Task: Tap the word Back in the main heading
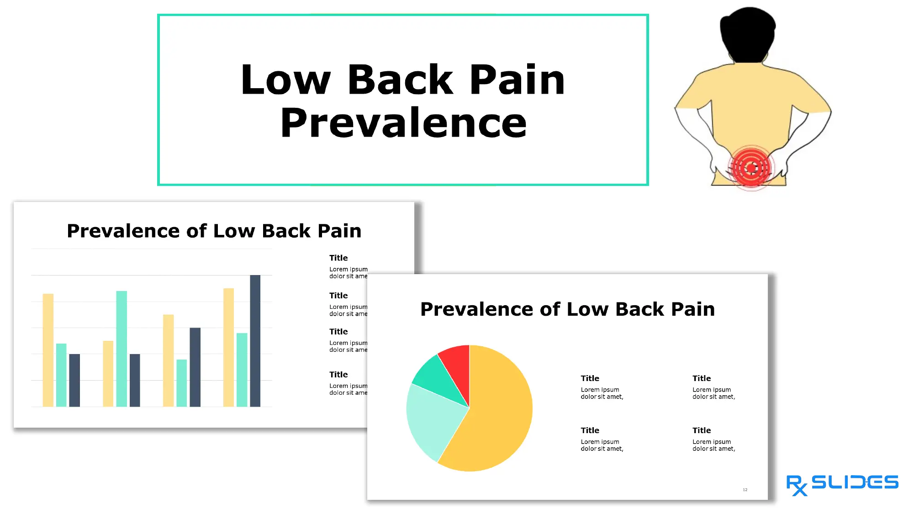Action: (x=400, y=80)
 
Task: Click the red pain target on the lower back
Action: (x=751, y=168)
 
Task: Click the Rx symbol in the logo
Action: (x=796, y=485)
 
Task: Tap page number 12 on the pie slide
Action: (x=745, y=490)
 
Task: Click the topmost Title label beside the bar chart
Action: (x=338, y=258)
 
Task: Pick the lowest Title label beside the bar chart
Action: (x=338, y=375)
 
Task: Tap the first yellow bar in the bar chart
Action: (x=48, y=350)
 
